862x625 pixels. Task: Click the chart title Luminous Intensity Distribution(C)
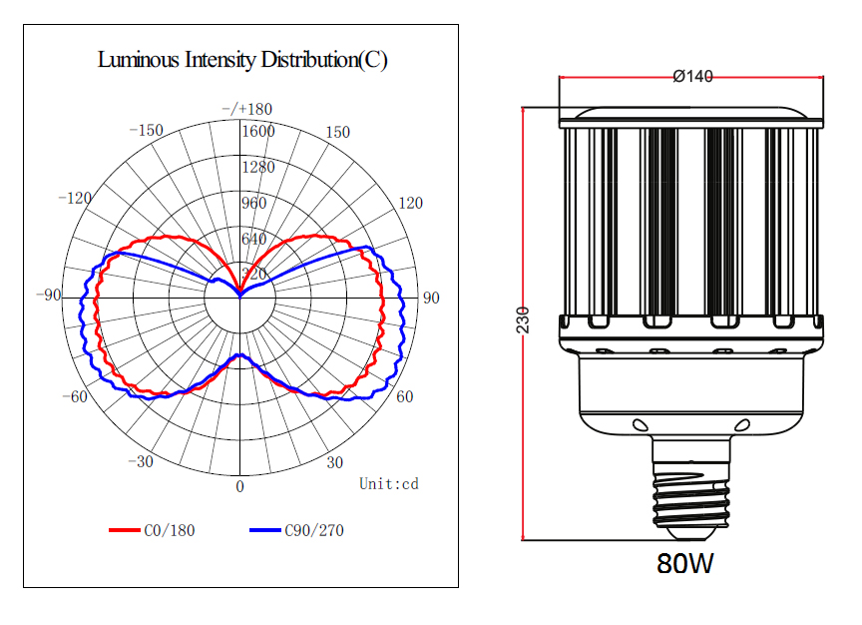242,60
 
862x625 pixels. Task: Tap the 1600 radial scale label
258,131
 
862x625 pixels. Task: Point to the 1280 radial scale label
258,167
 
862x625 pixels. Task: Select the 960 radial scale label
254,203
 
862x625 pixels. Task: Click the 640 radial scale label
254,239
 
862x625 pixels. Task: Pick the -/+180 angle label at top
247,109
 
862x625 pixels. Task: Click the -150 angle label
147,130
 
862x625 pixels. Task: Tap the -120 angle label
75,198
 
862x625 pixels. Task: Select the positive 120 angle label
411,203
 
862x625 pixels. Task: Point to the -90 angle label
49,295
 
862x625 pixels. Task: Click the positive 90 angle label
431,298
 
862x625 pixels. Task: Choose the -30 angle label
141,461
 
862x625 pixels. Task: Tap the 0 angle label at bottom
239,486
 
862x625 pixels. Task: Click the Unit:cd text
389,483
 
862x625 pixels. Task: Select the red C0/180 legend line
125,530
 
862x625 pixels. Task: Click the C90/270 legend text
314,530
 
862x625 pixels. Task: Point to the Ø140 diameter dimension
692,76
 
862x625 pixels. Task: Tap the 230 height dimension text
523,320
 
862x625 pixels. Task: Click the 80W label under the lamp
685,563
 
